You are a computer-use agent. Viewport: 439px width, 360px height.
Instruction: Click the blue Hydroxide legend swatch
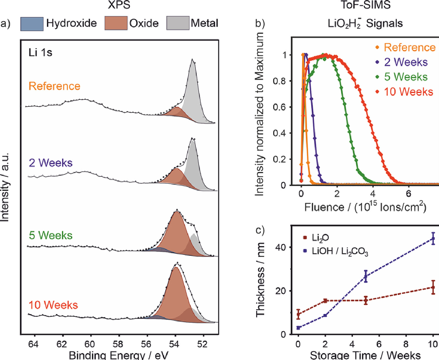tap(30, 24)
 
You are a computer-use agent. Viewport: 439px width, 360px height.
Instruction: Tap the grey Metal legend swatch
tap(181, 24)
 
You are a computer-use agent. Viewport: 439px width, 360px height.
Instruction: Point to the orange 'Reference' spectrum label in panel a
tap(55, 86)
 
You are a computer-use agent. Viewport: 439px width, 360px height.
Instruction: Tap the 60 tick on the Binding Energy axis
tap(90, 343)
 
